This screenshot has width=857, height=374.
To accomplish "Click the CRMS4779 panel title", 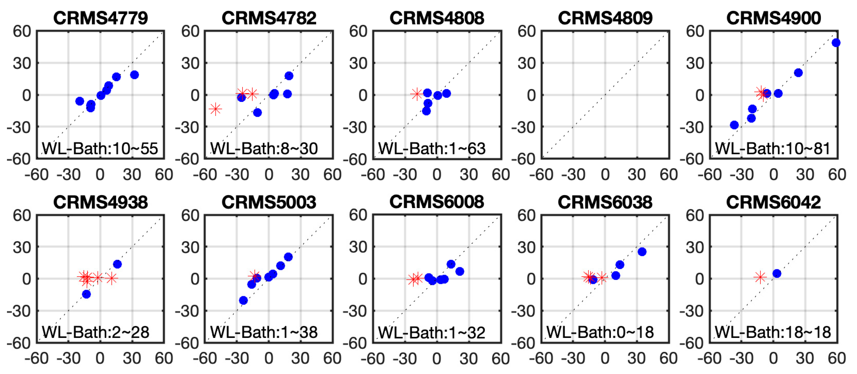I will tap(100, 18).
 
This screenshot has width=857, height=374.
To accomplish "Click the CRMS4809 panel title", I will tap(605, 18).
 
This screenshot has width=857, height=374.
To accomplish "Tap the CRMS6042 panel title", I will tap(774, 202).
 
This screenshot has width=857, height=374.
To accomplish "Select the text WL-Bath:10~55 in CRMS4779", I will tap(100, 148).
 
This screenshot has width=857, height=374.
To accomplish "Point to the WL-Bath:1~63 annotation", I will tap(432, 148).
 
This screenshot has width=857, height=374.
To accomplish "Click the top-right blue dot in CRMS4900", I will tap(836, 43).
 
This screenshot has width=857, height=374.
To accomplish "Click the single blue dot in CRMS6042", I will tap(777, 273).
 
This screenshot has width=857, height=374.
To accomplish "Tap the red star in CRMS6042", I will tap(760, 277).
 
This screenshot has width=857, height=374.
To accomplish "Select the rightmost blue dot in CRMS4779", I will tap(134, 75).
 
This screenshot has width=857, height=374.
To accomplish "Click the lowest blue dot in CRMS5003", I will tap(244, 300).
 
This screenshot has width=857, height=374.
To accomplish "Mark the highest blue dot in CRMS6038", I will tap(642, 252).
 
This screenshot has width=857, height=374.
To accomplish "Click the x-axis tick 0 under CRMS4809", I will tap(605, 175).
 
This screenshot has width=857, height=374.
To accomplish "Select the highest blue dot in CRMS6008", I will tap(451, 264).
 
